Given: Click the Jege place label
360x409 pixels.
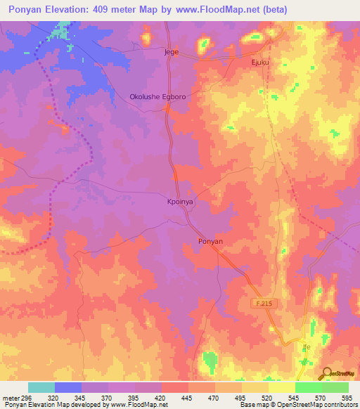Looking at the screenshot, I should pos(172,53).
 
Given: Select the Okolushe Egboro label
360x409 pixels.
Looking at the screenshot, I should pos(157,97).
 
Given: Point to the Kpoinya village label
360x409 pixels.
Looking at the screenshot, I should pos(179,201).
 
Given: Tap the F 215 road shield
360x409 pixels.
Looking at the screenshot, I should pos(262,303).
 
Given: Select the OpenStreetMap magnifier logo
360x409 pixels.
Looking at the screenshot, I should pos(327,373).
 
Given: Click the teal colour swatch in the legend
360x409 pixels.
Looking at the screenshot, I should pos(41,387).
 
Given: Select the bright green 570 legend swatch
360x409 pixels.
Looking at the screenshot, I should pos(308,387).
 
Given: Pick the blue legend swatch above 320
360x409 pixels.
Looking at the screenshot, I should pos(68,387).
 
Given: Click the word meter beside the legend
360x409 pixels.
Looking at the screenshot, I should pos(11,397).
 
